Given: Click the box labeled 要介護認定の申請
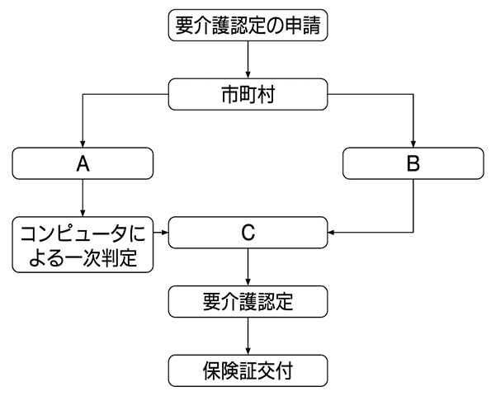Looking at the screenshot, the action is point(248,25).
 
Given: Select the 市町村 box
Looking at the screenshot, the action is point(248,94).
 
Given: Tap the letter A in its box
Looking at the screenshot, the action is point(83,163).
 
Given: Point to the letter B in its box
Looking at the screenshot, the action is point(413,163).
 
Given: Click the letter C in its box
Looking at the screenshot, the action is point(248,233).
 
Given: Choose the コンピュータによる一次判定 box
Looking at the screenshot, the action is point(83,244).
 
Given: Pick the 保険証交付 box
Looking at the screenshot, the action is point(248,370).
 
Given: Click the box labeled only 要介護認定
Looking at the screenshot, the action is point(248,301).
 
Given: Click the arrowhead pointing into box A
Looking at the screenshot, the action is point(83,144).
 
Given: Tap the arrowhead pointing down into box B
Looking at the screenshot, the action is point(413,144).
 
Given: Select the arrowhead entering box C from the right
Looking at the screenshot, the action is point(331,233).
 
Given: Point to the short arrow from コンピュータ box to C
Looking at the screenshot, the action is point(161,233).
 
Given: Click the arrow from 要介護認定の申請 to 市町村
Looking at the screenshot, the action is point(248,59).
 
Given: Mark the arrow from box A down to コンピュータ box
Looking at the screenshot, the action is point(83,198).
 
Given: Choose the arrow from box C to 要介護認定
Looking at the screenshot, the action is point(248,267).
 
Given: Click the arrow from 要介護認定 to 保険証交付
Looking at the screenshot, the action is point(248,337).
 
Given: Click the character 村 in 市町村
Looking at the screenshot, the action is point(266,95).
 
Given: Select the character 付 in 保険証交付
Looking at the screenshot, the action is point(284,371).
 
